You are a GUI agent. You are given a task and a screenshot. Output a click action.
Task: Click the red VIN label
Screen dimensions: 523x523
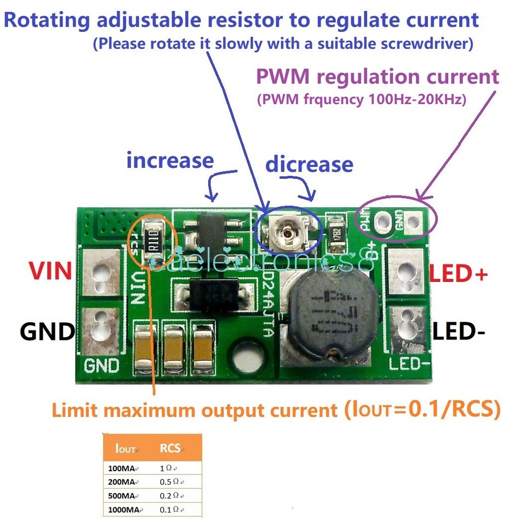pyautogui.click(x=50, y=271)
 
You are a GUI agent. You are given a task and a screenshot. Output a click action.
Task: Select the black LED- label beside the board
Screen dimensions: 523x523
pyautogui.click(x=459, y=332)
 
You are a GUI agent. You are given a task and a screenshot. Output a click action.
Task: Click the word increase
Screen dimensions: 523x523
pyautogui.click(x=170, y=160)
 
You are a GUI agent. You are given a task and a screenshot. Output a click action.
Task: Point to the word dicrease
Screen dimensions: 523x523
pyautogui.click(x=309, y=164)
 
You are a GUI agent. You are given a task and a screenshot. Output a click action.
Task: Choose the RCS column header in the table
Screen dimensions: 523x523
pyautogui.click(x=170, y=448)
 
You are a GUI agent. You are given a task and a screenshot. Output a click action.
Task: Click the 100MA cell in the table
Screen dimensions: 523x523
pyautogui.click(x=120, y=468)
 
